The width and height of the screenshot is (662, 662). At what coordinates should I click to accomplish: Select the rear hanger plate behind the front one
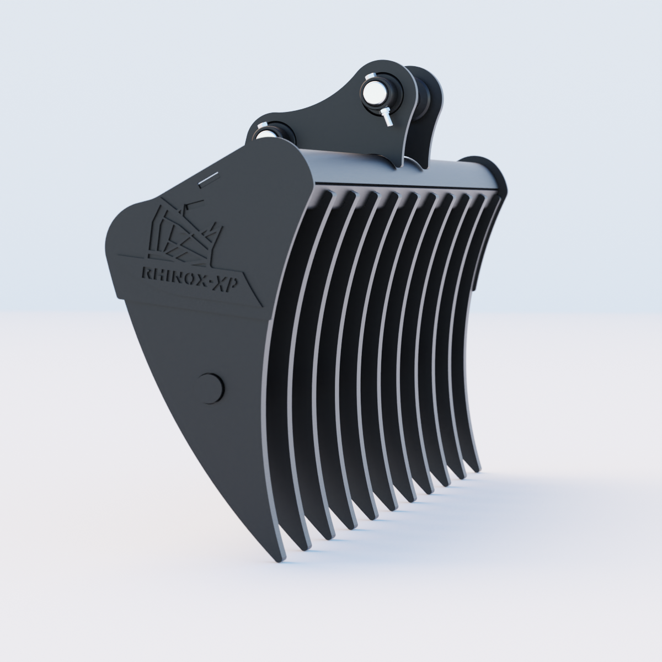[428, 110]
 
